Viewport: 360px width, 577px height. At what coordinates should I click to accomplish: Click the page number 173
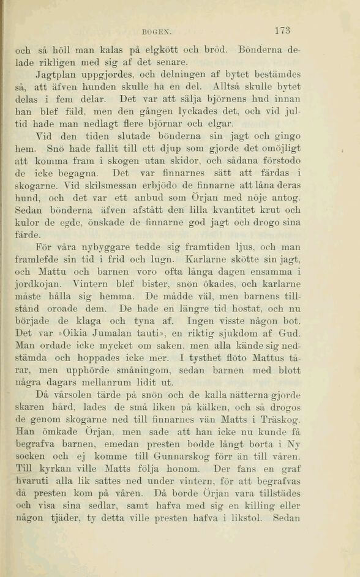[x=282, y=31]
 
